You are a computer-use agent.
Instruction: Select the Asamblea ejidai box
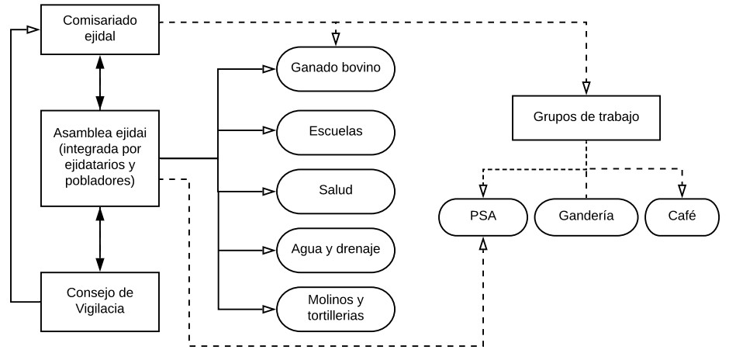click(99, 158)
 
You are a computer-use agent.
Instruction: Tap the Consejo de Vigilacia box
click(99, 299)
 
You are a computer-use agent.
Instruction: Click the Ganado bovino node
click(336, 67)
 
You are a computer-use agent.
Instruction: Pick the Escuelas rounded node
click(336, 130)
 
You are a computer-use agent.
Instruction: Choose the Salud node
click(336, 190)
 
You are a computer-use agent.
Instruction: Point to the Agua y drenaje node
click(336, 250)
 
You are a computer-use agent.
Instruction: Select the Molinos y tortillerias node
click(336, 307)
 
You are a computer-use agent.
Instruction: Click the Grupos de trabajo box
click(586, 118)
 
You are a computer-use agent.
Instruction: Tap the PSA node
click(482, 216)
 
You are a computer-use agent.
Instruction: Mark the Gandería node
click(585, 216)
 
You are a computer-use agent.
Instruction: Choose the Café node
click(682, 216)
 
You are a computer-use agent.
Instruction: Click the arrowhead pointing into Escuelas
click(268, 130)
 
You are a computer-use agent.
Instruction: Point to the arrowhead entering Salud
click(268, 190)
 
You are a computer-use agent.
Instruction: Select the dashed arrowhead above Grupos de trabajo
click(586, 87)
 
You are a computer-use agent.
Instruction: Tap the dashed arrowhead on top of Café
click(682, 191)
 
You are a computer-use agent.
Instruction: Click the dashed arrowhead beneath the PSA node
click(482, 244)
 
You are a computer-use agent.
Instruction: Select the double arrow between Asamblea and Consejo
click(99, 239)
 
